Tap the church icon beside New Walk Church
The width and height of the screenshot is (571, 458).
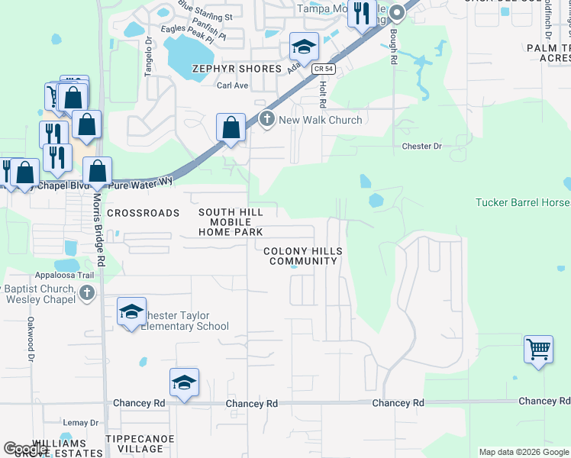(x=266, y=119)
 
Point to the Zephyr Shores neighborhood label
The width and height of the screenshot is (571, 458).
(x=227, y=69)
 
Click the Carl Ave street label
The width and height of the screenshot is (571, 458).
(x=233, y=85)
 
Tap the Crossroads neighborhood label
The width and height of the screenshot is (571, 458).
(x=143, y=213)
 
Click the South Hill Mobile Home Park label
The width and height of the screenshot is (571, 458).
(x=231, y=222)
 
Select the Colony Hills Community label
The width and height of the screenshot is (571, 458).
(x=303, y=256)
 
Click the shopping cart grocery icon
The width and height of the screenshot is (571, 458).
(x=539, y=350)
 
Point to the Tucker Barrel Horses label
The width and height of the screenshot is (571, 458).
(x=523, y=203)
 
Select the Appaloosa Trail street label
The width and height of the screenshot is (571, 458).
(x=64, y=276)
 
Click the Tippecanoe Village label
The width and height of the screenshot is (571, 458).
(x=140, y=443)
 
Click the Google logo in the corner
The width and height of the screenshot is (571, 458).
(x=26, y=448)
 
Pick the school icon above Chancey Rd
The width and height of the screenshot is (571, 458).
(x=184, y=383)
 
